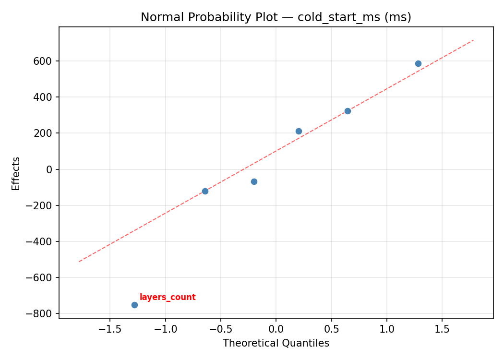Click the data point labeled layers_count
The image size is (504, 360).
point(134,305)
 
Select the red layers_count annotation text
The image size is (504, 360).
point(168,298)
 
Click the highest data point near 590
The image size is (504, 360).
point(418,63)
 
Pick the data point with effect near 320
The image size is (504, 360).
point(348,111)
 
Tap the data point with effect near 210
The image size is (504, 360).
point(299,131)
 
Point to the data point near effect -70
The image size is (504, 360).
point(254,181)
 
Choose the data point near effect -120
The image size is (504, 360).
point(205,191)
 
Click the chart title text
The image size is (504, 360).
point(276,17)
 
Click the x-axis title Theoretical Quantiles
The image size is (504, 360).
point(276,343)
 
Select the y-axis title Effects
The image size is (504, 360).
point(16,173)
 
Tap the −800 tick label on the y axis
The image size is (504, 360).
point(42,313)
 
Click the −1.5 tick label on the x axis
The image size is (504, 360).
point(109,329)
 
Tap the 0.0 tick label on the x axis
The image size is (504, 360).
point(276,329)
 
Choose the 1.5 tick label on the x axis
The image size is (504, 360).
point(442,329)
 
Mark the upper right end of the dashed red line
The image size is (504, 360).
point(473,40)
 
